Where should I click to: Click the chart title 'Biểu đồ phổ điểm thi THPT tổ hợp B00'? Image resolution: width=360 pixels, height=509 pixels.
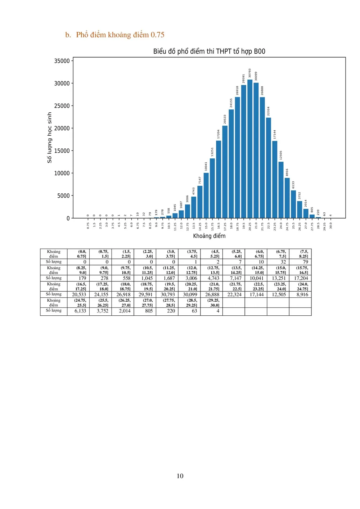(x=209, y=51)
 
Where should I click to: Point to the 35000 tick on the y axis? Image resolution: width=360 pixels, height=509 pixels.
(x=62, y=61)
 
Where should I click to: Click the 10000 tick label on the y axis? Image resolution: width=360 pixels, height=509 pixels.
(x=62, y=174)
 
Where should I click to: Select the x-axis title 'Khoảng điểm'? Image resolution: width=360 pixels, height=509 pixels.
(x=209, y=236)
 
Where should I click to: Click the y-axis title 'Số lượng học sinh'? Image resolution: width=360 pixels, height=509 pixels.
(x=50, y=138)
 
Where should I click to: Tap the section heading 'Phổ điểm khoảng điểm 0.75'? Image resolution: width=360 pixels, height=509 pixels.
(x=120, y=35)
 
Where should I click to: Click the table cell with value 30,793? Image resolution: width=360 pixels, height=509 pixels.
(x=168, y=294)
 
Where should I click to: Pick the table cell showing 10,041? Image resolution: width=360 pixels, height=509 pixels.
(x=257, y=278)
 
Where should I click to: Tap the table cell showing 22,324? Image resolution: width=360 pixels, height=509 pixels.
(x=234, y=294)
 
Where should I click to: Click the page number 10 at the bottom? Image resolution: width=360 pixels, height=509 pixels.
(x=180, y=476)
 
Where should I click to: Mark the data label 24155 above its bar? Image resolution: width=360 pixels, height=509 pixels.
(x=231, y=103)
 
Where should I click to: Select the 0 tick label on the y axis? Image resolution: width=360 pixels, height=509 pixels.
(x=68, y=219)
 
